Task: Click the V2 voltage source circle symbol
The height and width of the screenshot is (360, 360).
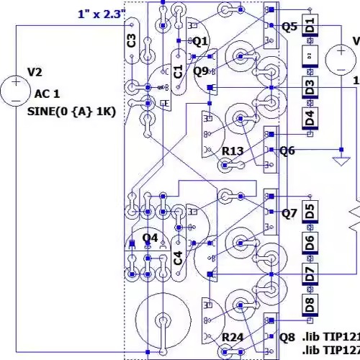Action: pos(15,91)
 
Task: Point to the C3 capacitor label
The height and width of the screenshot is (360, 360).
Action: pos(130,40)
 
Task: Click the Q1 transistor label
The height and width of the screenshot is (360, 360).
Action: pos(199,41)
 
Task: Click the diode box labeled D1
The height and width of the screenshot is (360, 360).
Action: pos(310,26)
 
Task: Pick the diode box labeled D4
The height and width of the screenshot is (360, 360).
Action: pos(310,117)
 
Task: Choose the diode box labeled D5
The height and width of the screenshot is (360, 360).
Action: pos(310,212)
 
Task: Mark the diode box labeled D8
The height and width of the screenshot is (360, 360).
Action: pos(310,303)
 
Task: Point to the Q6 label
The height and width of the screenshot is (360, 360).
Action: pos(288,150)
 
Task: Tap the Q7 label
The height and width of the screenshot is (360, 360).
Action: pos(289,213)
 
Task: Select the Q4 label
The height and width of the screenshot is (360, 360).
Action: pos(150,238)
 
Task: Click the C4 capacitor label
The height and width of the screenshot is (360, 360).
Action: pos(178,257)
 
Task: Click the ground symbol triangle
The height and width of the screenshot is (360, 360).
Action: pos(338,161)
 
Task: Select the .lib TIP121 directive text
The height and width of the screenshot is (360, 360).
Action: pos(330,337)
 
